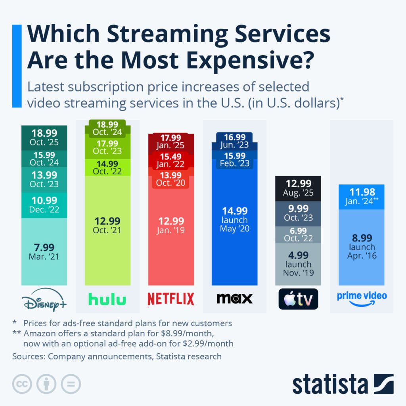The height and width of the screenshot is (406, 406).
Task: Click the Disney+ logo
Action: [44, 299]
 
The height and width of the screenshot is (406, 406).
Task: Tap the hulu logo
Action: [107, 299]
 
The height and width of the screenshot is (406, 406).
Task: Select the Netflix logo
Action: [171, 299]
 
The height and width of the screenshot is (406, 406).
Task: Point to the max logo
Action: [234, 299]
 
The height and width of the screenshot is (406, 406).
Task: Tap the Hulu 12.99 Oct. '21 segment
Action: [107, 225]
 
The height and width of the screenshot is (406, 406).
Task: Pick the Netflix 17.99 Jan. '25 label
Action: [171, 142]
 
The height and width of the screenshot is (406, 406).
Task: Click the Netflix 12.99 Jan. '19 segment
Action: [171, 225]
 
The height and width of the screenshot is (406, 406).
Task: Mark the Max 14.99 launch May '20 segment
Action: [235, 219]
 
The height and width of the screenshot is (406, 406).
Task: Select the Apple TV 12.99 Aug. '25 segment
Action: [298, 188]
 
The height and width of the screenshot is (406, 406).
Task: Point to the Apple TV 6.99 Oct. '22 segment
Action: [298, 234]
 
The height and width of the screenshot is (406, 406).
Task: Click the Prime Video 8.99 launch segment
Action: [362, 247]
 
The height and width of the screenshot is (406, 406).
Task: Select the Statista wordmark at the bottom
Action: [330, 384]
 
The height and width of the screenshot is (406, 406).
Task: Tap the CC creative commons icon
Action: [22, 384]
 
